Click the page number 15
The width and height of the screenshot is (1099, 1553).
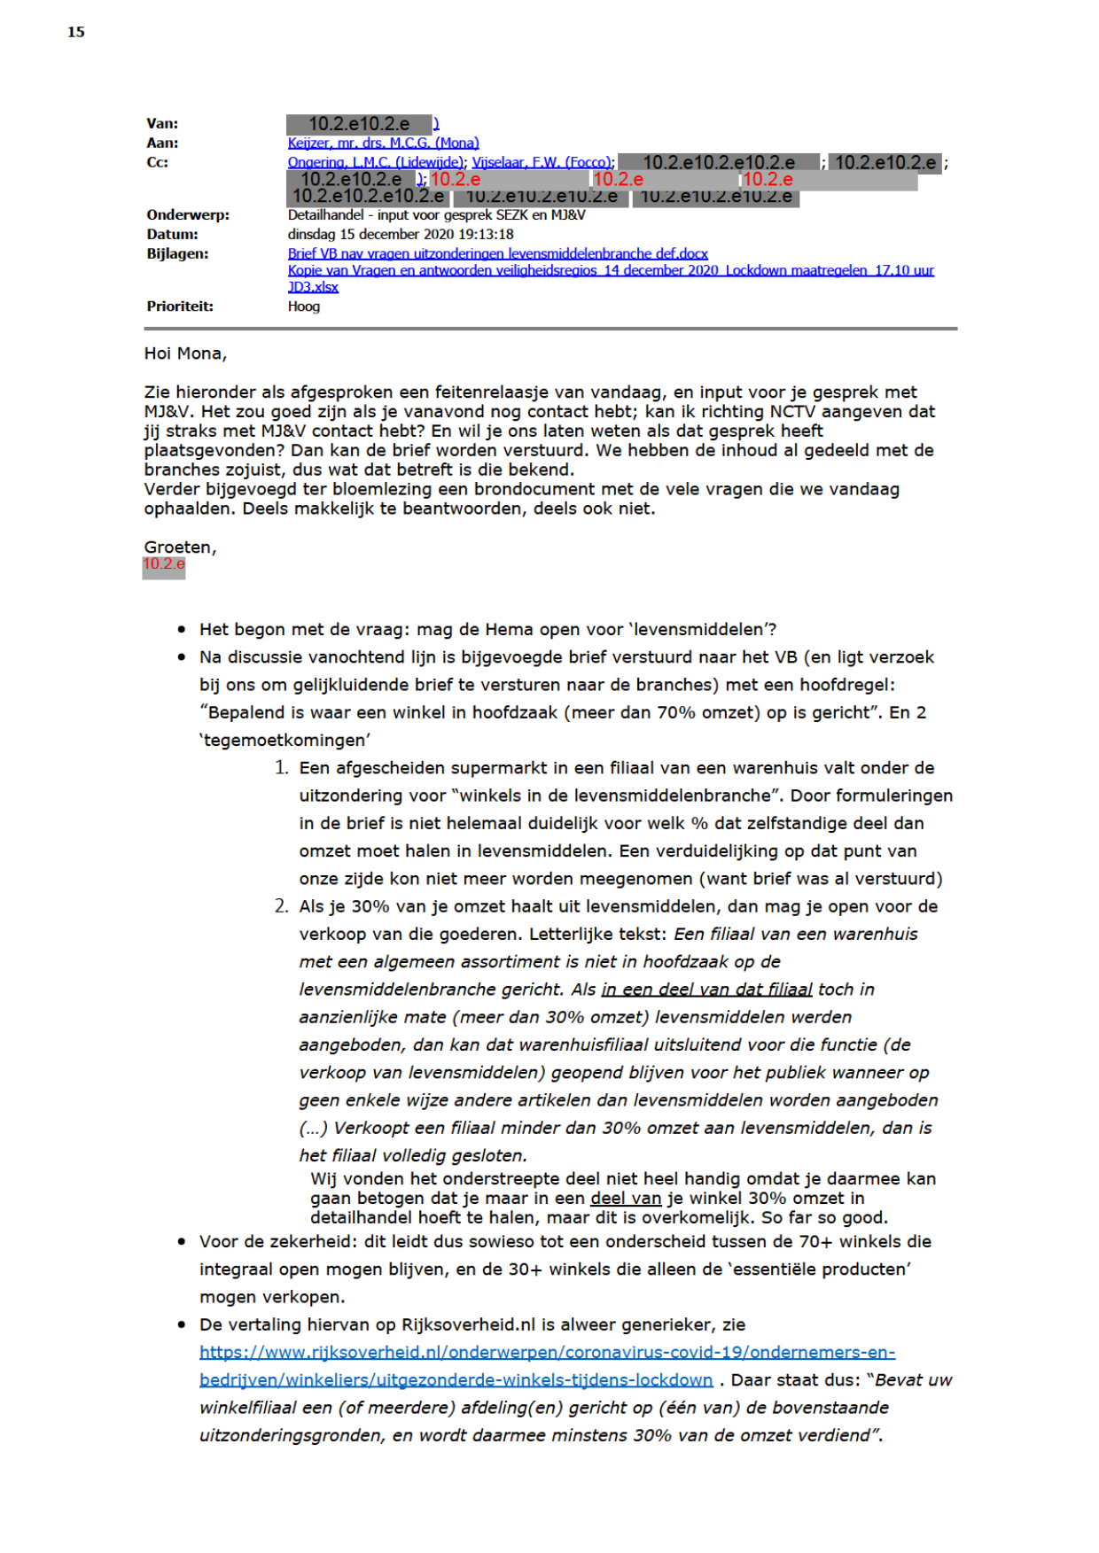coord(76,32)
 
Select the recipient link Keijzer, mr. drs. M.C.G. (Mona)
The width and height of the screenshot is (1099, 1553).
coord(383,143)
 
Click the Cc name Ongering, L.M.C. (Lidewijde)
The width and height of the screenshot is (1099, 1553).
coord(375,162)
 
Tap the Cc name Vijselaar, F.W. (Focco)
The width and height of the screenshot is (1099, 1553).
coord(541,162)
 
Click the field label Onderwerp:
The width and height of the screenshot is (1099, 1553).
coord(188,214)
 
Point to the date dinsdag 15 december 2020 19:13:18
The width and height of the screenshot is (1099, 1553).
coord(401,234)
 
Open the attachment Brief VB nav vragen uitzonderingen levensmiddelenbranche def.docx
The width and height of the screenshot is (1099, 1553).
coord(497,253)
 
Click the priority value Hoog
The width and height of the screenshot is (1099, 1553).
coord(304,306)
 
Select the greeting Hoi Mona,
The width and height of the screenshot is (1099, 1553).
coord(185,353)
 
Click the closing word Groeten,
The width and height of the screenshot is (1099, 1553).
coord(180,547)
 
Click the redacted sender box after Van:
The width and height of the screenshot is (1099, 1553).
coord(359,124)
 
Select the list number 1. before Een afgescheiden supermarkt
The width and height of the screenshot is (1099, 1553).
coord(281,767)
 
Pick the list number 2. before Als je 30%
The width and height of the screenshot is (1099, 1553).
coord(281,905)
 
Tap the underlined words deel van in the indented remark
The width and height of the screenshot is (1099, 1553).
coord(626,1199)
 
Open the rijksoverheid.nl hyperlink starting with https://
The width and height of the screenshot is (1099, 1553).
coord(547,1353)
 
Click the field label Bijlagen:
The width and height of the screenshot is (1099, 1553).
coord(177,253)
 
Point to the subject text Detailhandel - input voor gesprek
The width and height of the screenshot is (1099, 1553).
coord(436,214)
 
